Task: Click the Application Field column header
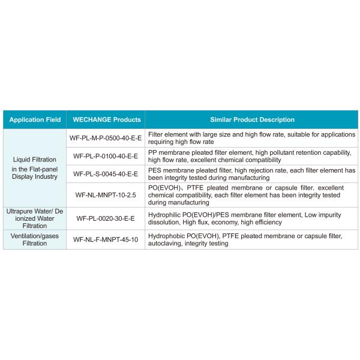pyautogui.click(x=35, y=119)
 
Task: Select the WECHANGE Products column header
pyautogui.click(x=106, y=119)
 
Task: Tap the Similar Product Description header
pyautogui.click(x=251, y=119)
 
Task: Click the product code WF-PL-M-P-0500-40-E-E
pyautogui.click(x=106, y=139)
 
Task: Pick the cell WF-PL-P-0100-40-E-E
pyautogui.click(x=106, y=156)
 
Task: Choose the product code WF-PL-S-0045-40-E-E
pyautogui.click(x=106, y=174)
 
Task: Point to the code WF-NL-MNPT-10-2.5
pyautogui.click(x=106, y=194)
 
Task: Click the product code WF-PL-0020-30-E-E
pyautogui.click(x=106, y=218)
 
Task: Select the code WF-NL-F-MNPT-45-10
pyautogui.click(x=106, y=239)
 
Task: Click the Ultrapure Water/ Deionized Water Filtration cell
pyautogui.click(x=35, y=219)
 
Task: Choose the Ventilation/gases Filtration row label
pyautogui.click(x=35, y=239)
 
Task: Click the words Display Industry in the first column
pyautogui.click(x=35, y=176)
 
